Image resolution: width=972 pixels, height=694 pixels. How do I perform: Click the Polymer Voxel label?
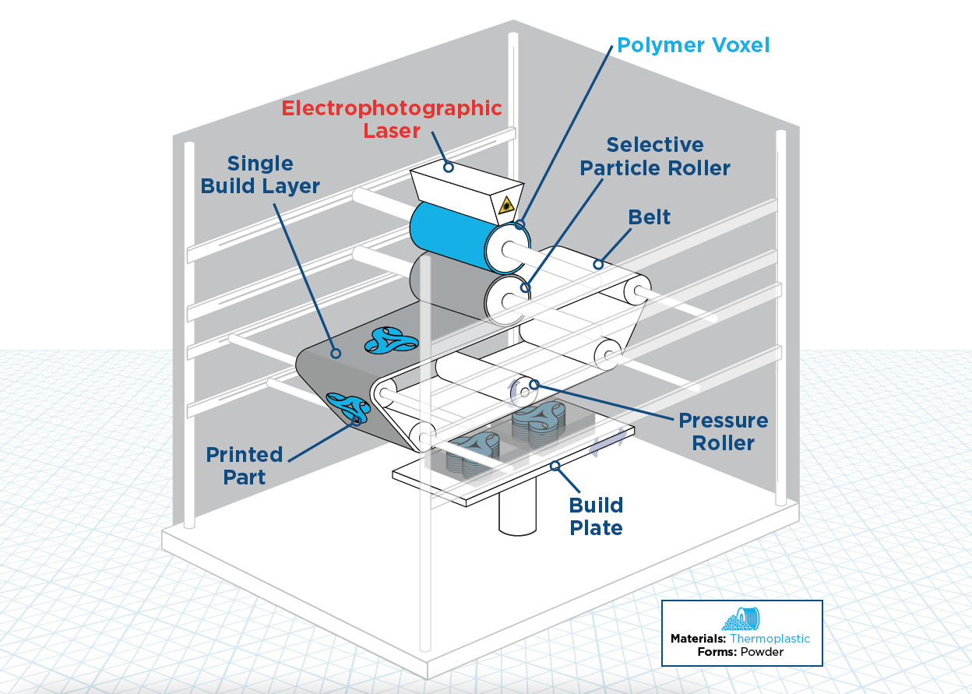(692, 45)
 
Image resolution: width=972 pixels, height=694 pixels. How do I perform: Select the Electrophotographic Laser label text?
(391, 118)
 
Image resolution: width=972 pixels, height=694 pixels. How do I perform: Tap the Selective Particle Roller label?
(655, 157)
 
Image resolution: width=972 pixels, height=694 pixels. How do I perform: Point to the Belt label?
(649, 217)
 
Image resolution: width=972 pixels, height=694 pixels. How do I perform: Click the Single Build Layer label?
(260, 174)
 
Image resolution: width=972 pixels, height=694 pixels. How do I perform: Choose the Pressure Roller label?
(723, 432)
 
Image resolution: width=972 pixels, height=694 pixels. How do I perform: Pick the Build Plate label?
(596, 516)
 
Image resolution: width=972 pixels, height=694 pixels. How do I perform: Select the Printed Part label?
(244, 465)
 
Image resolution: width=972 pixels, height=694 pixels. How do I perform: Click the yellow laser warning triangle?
(506, 206)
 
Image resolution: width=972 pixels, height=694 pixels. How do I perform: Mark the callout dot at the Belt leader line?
(598, 264)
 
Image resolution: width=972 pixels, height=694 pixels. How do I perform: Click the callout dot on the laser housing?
(448, 167)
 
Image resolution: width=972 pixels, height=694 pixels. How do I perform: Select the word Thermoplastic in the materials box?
(769, 639)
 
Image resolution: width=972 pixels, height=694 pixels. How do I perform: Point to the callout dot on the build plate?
(555, 467)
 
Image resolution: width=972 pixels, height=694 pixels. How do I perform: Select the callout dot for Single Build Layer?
(336, 353)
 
